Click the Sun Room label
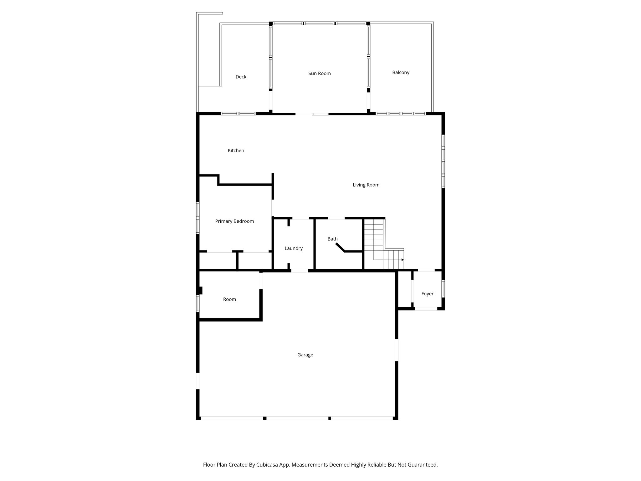click(x=319, y=73)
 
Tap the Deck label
click(x=241, y=77)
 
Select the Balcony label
click(x=401, y=72)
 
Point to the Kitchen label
click(x=236, y=151)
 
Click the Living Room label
click(x=366, y=185)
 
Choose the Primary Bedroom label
click(x=234, y=221)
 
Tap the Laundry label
click(x=293, y=248)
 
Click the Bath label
click(x=332, y=239)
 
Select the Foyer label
click(x=427, y=294)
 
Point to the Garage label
click(x=305, y=355)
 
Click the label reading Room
click(x=229, y=299)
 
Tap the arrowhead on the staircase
click(x=403, y=260)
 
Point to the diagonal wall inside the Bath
click(x=340, y=247)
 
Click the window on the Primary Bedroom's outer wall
click(x=198, y=218)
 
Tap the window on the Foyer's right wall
click(x=443, y=288)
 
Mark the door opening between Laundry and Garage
click(x=299, y=271)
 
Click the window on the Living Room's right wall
click(x=443, y=161)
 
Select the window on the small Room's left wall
click(x=198, y=303)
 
